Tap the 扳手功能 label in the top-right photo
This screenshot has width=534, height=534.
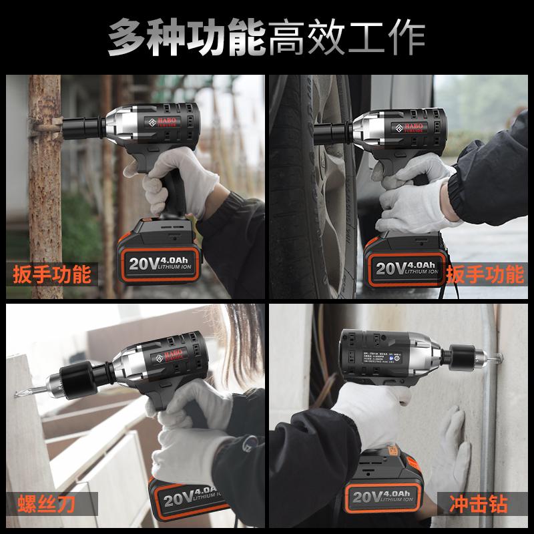(485, 274)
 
